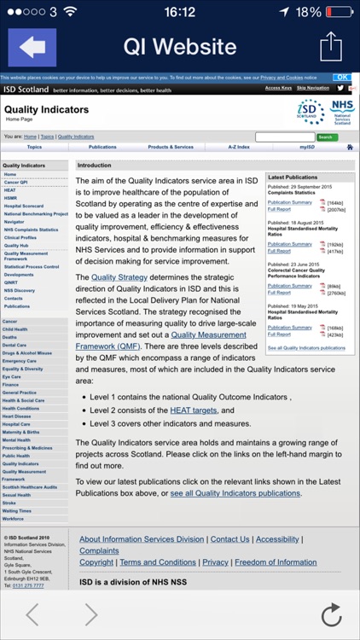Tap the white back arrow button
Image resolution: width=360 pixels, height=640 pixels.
tap(32, 48)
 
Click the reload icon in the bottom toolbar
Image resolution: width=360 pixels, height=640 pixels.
tap(330, 614)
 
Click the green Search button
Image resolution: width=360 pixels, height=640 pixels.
tap(327, 137)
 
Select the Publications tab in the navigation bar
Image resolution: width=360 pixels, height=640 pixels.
tap(102, 147)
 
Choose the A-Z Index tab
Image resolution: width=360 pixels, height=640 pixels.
tap(238, 147)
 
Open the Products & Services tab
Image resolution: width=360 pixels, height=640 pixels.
tap(171, 147)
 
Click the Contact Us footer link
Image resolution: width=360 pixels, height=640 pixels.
tap(229, 539)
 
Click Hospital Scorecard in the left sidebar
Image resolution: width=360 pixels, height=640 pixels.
tap(23, 206)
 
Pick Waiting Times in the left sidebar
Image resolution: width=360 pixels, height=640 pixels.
tap(16, 511)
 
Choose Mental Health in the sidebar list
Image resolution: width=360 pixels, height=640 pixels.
tap(16, 439)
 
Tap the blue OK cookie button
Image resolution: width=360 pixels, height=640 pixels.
tap(341, 77)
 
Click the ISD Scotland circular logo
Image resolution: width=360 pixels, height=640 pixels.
tap(311, 111)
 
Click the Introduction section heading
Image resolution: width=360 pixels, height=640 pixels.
tap(95, 166)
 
